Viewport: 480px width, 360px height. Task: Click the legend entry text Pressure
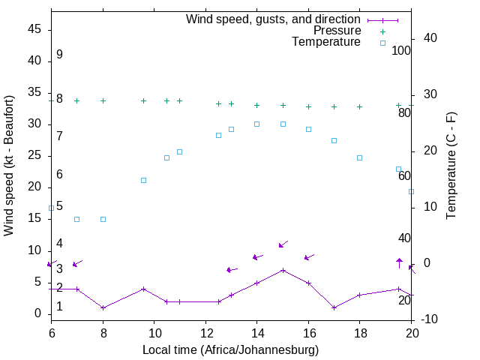coord(337,31)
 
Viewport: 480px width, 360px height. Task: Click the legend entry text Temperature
coord(326,42)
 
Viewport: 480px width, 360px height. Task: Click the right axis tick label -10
coord(430,320)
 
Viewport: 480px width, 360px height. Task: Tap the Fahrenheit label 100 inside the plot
coord(401,51)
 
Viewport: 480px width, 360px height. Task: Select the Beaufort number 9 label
coord(59,55)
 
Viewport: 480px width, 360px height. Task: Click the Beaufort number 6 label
coord(59,174)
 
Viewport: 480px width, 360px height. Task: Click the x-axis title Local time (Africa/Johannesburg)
coord(231,350)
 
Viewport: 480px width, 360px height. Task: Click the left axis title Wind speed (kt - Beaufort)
coord(9,165)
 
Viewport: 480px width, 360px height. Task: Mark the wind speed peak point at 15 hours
coord(283,270)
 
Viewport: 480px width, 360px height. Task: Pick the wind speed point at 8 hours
coord(103,307)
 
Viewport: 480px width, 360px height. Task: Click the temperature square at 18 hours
coord(360,157)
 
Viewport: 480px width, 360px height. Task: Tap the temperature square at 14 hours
coord(256,124)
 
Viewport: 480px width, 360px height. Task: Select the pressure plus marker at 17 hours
coord(334,106)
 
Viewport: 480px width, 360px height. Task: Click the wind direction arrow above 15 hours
coord(283,244)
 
